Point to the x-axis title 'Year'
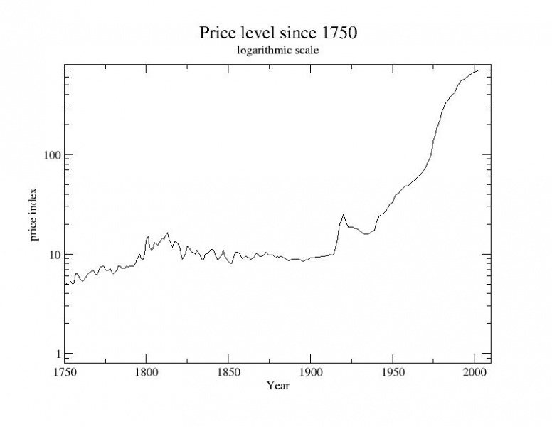click(277, 386)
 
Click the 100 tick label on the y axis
click(48, 154)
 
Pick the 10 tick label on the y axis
click(51, 254)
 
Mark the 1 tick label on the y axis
click(54, 354)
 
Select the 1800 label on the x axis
click(146, 373)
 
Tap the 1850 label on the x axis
click(228, 373)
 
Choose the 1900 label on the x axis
click(310, 373)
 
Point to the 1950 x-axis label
click(392, 373)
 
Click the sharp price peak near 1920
click(343, 213)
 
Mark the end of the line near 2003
click(479, 69)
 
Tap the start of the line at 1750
click(65, 285)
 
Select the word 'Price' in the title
click(216, 33)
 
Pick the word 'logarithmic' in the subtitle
click(260, 51)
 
